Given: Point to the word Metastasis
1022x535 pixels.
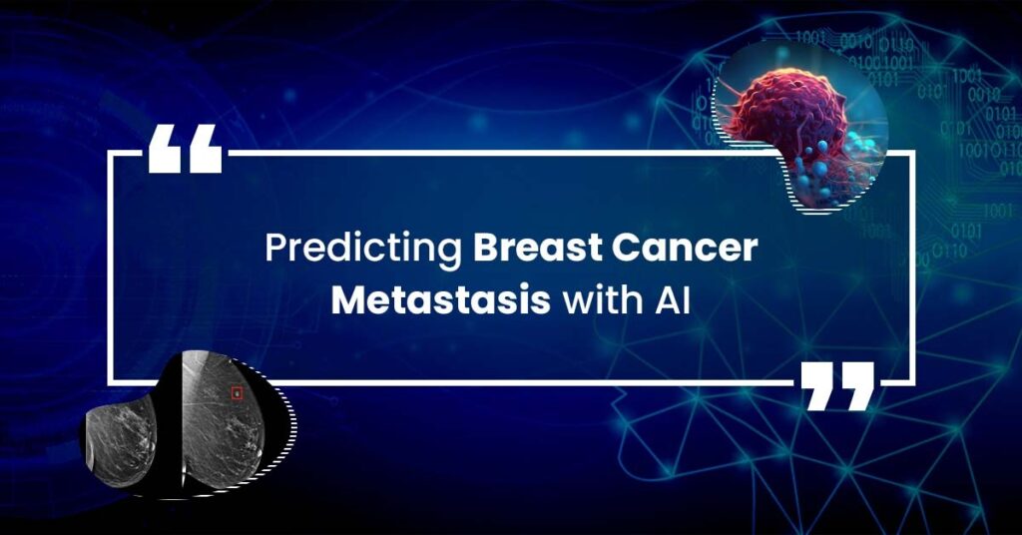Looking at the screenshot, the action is coord(440,301).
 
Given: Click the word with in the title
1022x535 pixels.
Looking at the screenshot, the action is coord(600,300).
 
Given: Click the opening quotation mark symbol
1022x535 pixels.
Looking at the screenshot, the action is coord(185,149).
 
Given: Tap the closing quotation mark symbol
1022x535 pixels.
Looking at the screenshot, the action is coord(837,386).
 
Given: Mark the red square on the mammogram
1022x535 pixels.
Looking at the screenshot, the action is coord(238,393).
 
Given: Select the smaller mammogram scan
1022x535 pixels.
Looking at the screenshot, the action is coord(121,440).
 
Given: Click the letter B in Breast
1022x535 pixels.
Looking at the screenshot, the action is coord(486,249).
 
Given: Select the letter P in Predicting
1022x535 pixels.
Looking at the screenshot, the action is coord(275,249).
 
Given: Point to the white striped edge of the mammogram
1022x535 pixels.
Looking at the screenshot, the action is coord(285,423).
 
